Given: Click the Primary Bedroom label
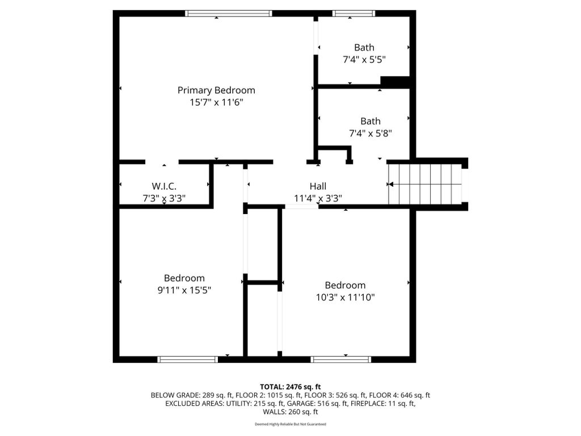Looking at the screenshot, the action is (216, 90).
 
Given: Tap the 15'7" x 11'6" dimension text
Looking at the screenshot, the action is (216, 102).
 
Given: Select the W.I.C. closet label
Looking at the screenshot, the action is (164, 186).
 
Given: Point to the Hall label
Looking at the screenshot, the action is (318, 186).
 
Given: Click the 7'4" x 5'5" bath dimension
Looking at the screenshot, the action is (364, 59).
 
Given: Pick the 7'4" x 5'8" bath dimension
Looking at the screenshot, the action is (371, 133).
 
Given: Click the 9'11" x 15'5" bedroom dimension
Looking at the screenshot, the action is (184, 290).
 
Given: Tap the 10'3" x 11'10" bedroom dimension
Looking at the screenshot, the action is (346, 297).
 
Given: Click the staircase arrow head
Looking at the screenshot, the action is (390, 185).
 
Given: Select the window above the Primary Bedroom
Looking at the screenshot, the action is (228, 14).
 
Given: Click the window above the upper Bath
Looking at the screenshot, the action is (353, 14).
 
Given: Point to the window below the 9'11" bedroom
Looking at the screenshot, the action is (187, 359).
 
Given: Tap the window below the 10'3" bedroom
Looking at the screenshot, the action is (341, 359).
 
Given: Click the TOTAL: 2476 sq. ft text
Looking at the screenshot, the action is (290, 387).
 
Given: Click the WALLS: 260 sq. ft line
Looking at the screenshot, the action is (290, 412).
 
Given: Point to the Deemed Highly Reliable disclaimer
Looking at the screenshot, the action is (290, 424).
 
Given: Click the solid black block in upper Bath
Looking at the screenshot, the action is (395, 82).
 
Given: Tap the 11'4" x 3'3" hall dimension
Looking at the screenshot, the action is (318, 198).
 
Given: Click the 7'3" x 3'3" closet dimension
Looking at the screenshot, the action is (164, 198).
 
